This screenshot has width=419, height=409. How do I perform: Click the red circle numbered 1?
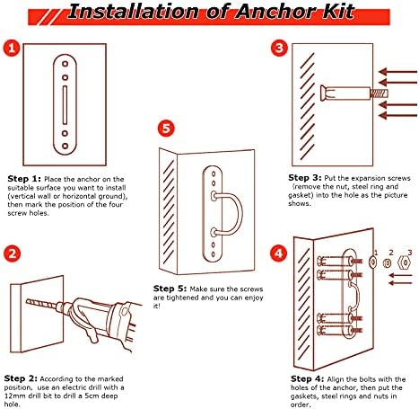12,49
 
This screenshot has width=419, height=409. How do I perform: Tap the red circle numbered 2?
12,254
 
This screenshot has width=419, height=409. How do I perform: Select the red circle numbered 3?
279,48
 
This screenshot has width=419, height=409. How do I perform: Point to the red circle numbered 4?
278,253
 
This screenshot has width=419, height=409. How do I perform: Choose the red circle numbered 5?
166,129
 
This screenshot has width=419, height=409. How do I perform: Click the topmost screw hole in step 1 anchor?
65,64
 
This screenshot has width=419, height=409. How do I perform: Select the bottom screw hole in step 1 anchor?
65,146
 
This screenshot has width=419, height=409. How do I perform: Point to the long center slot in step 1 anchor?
65,105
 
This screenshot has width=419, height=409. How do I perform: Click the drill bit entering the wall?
42,303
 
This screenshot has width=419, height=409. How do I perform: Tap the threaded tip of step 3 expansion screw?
380,93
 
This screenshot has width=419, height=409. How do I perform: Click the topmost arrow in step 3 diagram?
397,72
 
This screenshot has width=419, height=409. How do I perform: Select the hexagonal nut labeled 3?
404,262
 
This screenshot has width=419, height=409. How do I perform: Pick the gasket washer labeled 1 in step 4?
372,262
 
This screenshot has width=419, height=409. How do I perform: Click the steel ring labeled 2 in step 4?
387,263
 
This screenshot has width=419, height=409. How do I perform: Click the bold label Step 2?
21,378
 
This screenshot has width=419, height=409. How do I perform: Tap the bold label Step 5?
170,289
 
